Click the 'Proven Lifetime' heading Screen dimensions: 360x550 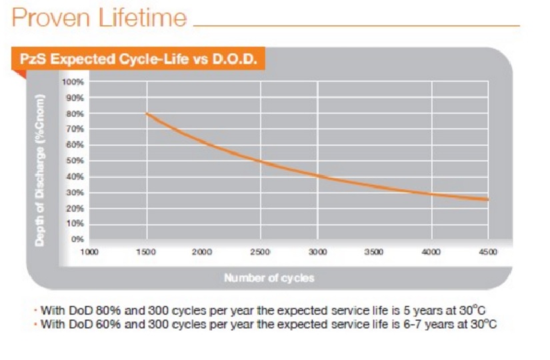tap(99, 18)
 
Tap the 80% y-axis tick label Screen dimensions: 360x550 tap(74, 113)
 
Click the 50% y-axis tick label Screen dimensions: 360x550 tap(74, 161)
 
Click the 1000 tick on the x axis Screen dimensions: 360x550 tap(89, 252)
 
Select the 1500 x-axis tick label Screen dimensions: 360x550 tap(146, 252)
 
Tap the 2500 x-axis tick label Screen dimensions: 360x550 tap(261, 252)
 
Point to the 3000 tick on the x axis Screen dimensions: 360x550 tap(317, 252)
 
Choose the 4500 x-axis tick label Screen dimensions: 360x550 tap(489, 252)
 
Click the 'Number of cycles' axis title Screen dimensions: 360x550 tap(269, 278)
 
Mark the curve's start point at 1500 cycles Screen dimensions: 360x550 tap(147, 114)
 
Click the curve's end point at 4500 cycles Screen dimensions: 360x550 tap(489, 199)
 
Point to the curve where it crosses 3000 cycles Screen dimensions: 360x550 tap(317, 176)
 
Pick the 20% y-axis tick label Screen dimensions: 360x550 tap(74, 208)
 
